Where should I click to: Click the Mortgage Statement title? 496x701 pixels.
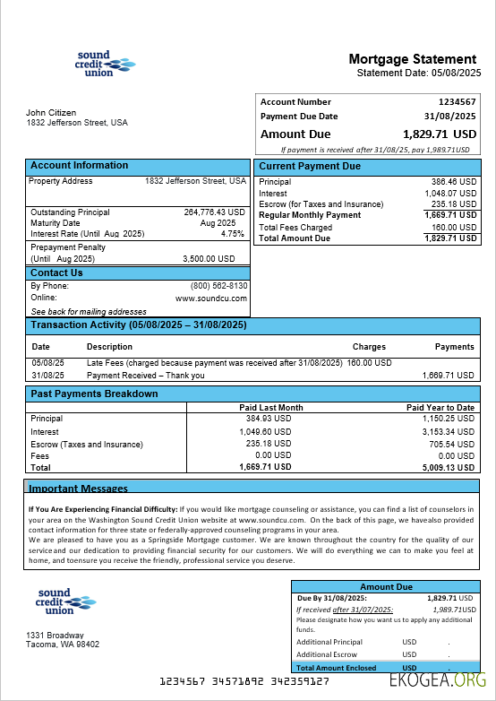413,59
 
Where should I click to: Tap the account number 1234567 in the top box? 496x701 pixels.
457,102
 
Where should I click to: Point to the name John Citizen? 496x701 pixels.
51,112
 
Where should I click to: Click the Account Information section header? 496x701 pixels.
80,166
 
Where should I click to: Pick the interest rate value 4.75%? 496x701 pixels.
232,234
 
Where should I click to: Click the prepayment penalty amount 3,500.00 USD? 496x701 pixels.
209,258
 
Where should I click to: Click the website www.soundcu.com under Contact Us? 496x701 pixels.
211,298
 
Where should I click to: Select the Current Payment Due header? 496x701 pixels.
310,167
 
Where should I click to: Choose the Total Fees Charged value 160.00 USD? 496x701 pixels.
451,228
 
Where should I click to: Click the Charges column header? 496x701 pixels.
369,347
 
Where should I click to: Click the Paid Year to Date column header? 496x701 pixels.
440,408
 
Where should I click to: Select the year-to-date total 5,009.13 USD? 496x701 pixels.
448,467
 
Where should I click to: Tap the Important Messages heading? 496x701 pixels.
79,489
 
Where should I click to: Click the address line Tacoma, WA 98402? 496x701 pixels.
63,645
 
